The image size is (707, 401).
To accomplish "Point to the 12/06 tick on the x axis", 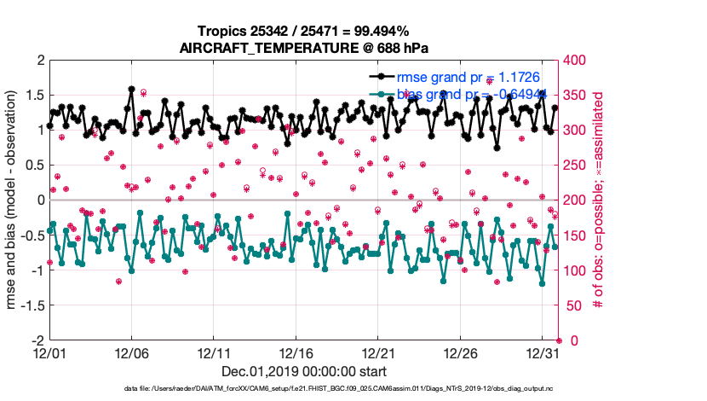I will (x=131, y=352).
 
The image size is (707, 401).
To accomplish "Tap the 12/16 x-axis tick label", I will (x=296, y=352).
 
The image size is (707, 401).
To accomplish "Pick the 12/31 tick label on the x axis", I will (x=543, y=352).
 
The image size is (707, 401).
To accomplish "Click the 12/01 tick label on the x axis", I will (x=49, y=352).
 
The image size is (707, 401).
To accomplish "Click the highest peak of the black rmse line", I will (x=131, y=88).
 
